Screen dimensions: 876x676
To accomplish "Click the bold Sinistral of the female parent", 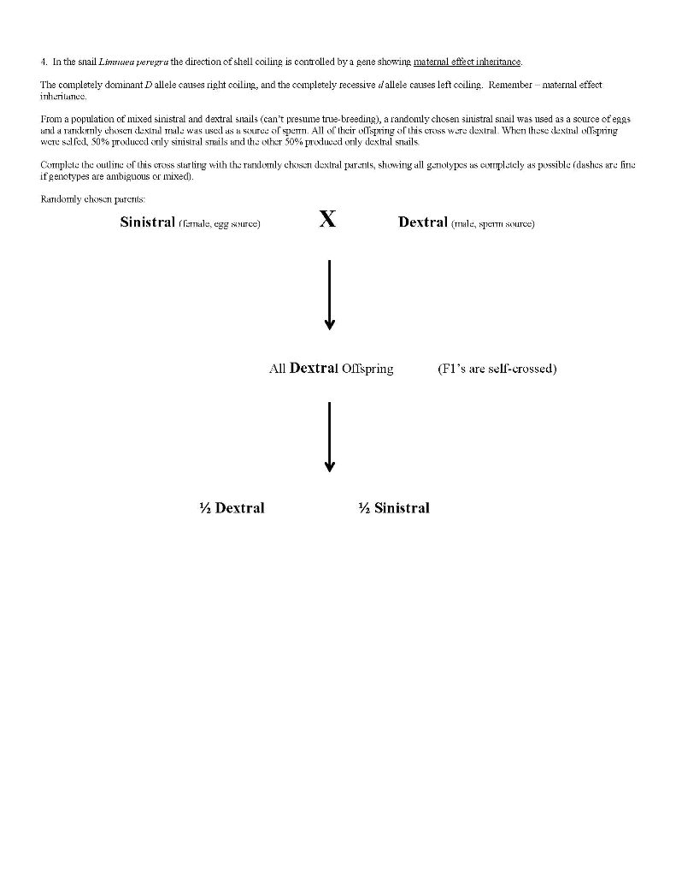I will (147, 222).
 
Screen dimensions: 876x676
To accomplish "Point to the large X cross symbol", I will (326, 220).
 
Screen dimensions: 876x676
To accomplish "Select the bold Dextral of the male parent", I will (422, 222).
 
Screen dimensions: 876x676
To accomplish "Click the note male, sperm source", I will (493, 223).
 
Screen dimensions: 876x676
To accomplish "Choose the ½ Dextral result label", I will (231, 508).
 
